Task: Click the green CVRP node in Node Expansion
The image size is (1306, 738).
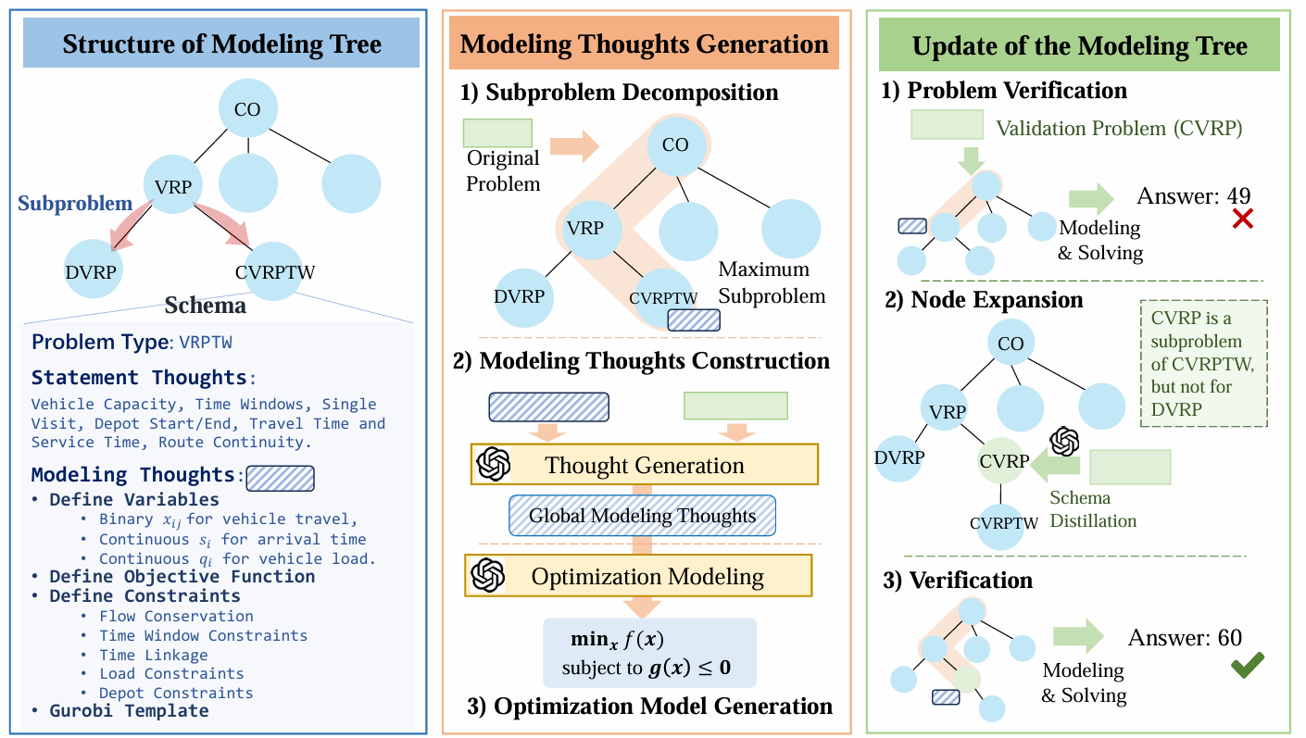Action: click(1004, 461)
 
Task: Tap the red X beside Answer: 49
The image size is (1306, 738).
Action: click(1241, 219)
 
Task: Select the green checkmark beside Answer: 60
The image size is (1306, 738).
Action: click(1247, 666)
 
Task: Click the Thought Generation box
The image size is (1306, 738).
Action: click(645, 465)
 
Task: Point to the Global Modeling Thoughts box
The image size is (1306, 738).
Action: click(642, 517)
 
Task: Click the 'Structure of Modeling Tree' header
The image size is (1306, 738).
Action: click(221, 44)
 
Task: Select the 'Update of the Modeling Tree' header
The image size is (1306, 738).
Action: click(1079, 46)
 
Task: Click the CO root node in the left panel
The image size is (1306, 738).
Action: click(247, 110)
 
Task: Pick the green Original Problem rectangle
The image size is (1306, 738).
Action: click(497, 132)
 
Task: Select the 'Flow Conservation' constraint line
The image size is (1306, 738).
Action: click(176, 616)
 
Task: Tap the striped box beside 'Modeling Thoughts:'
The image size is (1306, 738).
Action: click(280, 477)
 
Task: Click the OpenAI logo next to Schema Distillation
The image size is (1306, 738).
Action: click(1064, 441)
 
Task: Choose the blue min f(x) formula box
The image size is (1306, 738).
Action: click(649, 653)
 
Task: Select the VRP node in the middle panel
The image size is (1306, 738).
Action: click(584, 227)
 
